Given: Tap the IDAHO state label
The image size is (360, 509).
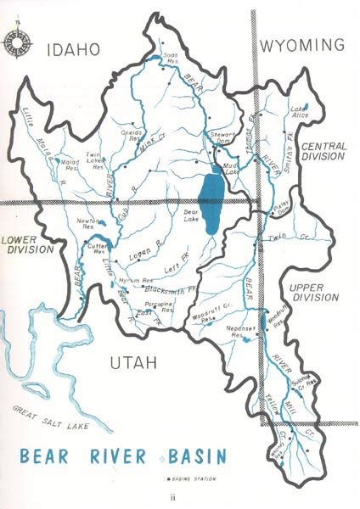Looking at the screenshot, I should pyautogui.click(x=76, y=48).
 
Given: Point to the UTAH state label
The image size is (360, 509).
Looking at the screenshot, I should pyautogui.click(x=134, y=363).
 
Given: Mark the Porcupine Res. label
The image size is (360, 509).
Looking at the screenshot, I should pyautogui.click(x=156, y=308).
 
